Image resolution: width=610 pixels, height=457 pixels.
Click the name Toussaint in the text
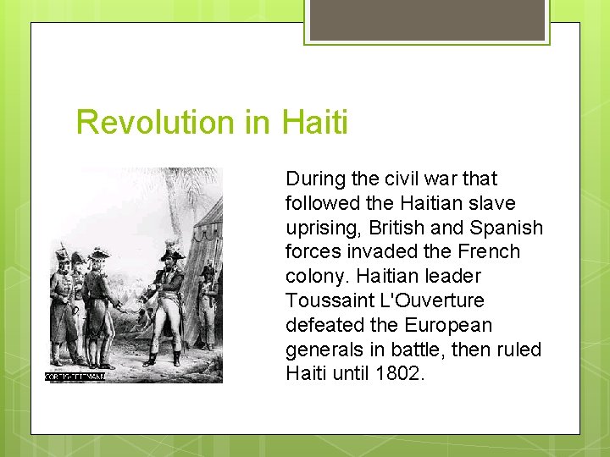pyautogui.click(x=324, y=300)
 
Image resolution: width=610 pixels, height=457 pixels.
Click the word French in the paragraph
pyautogui.click(x=491, y=252)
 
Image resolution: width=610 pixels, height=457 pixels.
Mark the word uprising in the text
pyautogui.click(x=319, y=228)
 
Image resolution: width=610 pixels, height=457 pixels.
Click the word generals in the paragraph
pyautogui.click(x=322, y=350)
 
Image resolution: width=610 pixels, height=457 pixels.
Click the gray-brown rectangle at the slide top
pyautogui.click(x=427, y=19)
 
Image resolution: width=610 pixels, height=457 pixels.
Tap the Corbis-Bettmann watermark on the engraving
pyautogui.click(x=75, y=377)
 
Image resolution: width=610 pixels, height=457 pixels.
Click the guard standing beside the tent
pyautogui.click(x=208, y=309)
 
